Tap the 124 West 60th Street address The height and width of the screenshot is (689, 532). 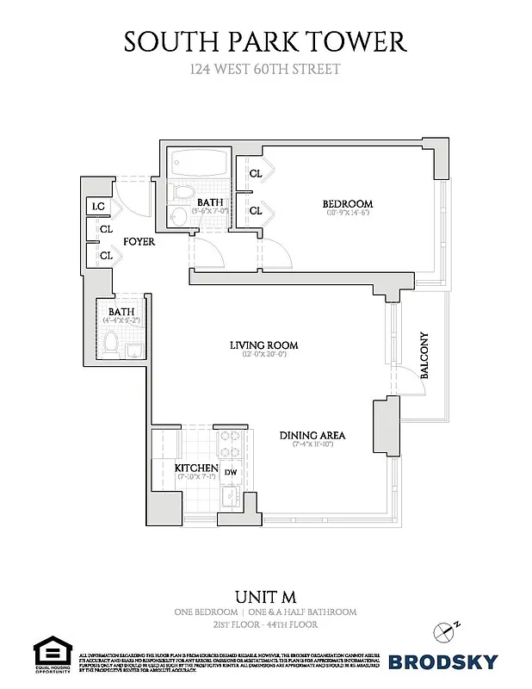click(x=265, y=69)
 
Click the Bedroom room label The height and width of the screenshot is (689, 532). click(x=348, y=203)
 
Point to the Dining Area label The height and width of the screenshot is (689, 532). click(x=312, y=436)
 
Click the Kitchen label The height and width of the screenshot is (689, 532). click(x=196, y=469)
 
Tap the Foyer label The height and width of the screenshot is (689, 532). click(x=139, y=242)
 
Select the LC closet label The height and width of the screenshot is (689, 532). click(x=99, y=207)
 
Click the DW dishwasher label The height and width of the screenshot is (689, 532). click(x=231, y=472)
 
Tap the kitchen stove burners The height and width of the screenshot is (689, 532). click(x=230, y=444)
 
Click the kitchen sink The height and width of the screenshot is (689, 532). click(x=229, y=496)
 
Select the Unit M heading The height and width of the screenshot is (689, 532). click(x=265, y=596)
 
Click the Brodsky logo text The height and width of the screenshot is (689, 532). click(x=442, y=661)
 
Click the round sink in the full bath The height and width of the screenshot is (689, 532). click(x=178, y=215)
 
